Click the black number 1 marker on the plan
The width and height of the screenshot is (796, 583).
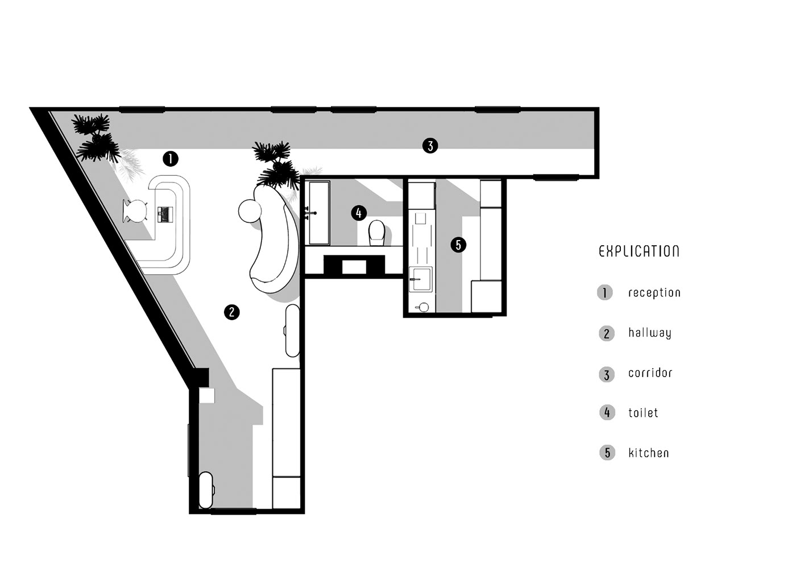point(171,159)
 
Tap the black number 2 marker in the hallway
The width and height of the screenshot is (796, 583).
point(232,312)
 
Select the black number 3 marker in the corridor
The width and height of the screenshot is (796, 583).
point(430,146)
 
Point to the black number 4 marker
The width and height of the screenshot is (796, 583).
point(359,213)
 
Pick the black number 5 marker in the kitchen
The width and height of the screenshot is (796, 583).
point(458,245)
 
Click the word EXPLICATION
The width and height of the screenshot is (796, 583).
point(639,251)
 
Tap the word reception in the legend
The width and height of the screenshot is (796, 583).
point(654,292)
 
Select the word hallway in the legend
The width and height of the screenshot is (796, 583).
point(649,333)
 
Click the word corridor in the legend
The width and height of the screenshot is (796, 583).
point(650,373)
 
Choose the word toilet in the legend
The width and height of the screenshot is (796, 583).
point(643,412)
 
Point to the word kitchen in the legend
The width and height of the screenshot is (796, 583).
point(649,453)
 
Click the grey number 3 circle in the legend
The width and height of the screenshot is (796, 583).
point(607,375)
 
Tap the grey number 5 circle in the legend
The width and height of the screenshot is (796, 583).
point(607,453)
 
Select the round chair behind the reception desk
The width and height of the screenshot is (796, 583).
point(135,211)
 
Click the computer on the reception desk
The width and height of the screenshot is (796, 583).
point(165,214)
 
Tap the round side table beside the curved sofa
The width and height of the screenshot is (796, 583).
point(250,211)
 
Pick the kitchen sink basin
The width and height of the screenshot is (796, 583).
point(421,279)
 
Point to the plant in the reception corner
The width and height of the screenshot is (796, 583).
point(96,139)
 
